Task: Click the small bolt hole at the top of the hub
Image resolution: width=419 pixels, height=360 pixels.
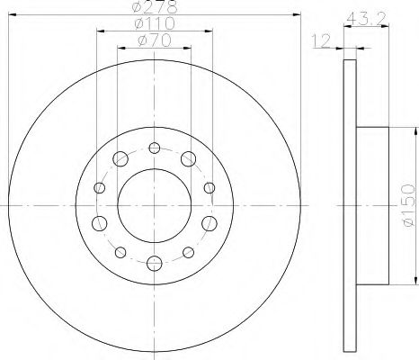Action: click(x=154, y=148)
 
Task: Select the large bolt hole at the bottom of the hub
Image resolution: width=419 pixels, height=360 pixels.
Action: click(x=154, y=263)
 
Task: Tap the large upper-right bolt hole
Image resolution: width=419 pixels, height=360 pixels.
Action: click(x=188, y=159)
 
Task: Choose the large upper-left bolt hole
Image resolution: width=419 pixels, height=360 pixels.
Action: click(x=120, y=159)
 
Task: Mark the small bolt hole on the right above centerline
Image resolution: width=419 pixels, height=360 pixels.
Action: click(x=209, y=188)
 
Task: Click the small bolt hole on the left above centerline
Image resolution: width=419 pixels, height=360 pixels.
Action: click(x=99, y=188)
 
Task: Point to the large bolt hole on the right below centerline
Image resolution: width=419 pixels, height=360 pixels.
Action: click(x=209, y=222)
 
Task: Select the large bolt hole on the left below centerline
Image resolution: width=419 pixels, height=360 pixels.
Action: click(x=99, y=222)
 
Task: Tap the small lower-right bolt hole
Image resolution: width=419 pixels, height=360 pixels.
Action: click(x=188, y=252)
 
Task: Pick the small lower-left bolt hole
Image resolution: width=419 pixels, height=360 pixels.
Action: click(x=120, y=252)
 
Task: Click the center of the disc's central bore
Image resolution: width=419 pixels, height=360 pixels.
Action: click(x=154, y=205)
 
